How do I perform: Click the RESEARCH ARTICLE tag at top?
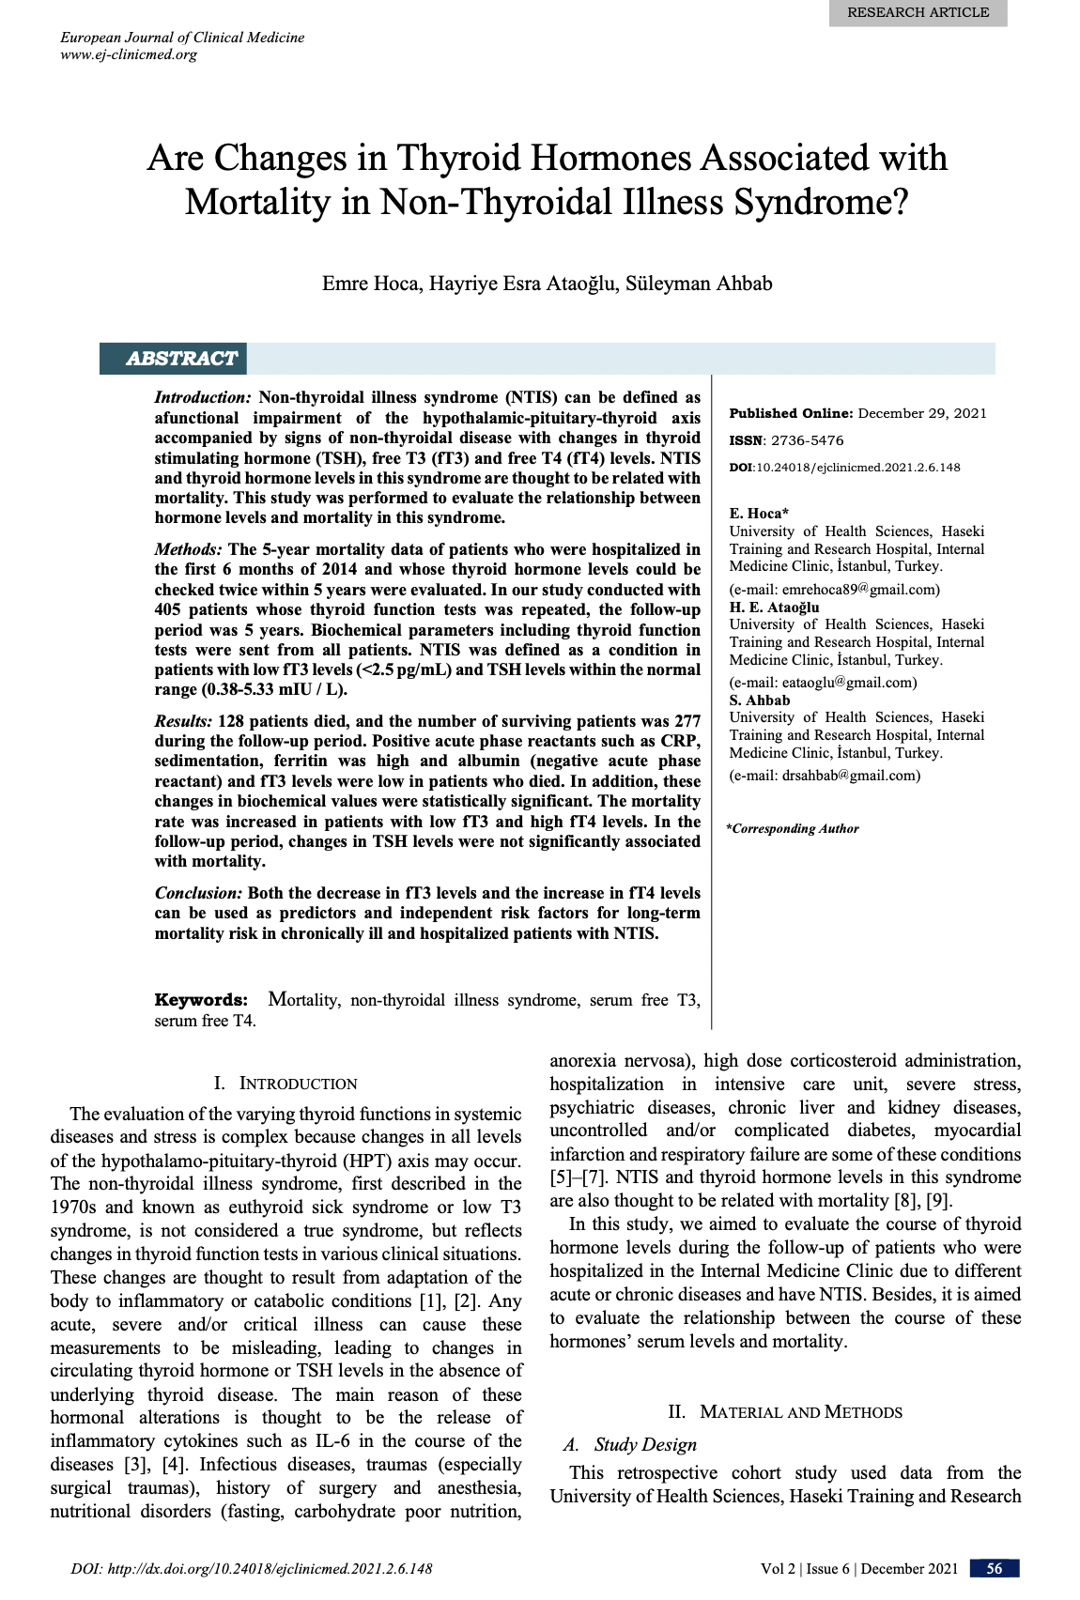click(918, 12)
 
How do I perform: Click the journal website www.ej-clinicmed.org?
click(129, 54)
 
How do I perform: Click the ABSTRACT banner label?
click(181, 359)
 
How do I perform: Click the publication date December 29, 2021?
click(922, 413)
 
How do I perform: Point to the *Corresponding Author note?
click(793, 829)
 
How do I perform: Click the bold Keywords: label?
click(201, 1000)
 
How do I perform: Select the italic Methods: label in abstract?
click(188, 549)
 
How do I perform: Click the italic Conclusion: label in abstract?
click(198, 893)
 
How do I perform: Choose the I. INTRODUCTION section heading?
click(285, 1084)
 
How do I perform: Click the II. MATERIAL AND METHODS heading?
click(785, 1412)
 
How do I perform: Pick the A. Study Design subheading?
click(630, 1445)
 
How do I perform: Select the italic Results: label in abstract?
click(183, 721)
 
